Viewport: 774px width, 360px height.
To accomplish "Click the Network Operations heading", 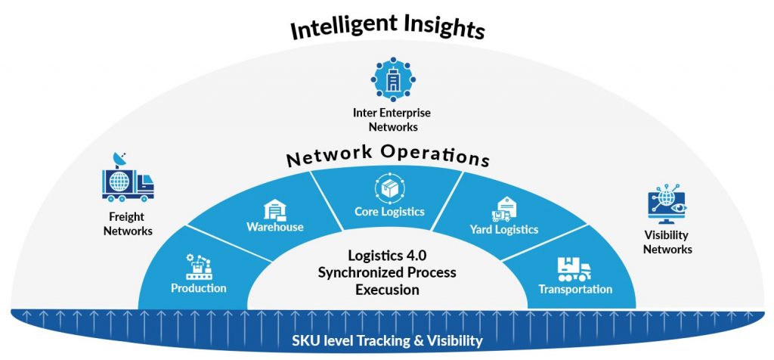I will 387,155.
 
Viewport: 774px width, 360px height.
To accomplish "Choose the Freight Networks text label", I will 128,225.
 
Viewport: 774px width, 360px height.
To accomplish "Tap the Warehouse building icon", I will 274,209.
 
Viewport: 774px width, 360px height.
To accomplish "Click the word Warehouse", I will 274,227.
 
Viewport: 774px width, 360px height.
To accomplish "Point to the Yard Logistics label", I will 503,229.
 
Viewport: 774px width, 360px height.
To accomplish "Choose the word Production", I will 198,288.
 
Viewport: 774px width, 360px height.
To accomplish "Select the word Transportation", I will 575,290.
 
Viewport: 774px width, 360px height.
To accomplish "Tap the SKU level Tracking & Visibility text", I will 387,340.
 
